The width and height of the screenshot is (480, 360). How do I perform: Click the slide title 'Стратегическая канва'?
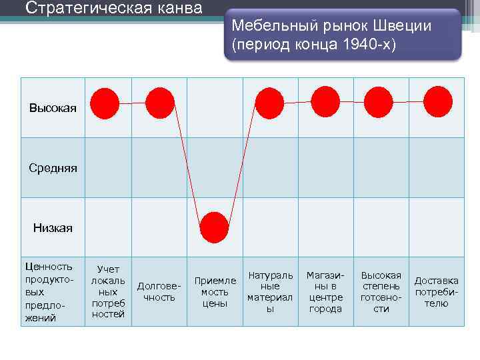[114, 9]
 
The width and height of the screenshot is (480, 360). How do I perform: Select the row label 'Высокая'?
[53, 107]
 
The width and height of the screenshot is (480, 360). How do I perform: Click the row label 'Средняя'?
[53, 168]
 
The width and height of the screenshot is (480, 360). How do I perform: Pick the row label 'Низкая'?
[53, 228]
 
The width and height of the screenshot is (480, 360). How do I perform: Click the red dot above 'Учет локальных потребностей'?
[105, 103]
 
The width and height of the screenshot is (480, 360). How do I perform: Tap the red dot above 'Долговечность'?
[159, 103]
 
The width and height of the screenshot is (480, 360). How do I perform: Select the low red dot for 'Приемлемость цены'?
[214, 227]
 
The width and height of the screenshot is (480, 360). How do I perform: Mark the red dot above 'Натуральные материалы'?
[269, 103]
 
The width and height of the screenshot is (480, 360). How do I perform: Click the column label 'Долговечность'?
[159, 291]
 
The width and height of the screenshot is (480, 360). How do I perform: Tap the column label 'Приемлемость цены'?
[215, 291]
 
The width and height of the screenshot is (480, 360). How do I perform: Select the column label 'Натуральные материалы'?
[270, 291]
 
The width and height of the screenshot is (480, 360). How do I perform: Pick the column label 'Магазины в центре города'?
[325, 291]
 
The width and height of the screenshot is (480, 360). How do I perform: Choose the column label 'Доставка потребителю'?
[437, 291]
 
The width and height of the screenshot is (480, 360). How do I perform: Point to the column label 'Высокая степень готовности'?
[381, 291]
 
